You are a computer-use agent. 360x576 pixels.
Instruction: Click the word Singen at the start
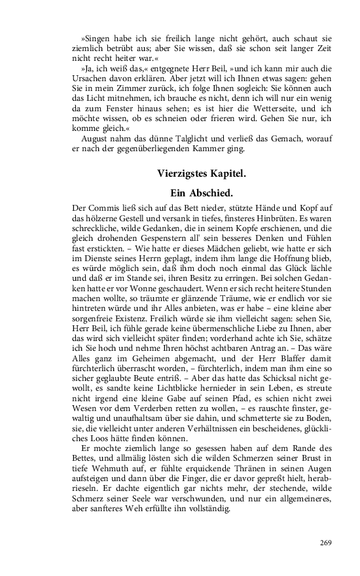(94, 31)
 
